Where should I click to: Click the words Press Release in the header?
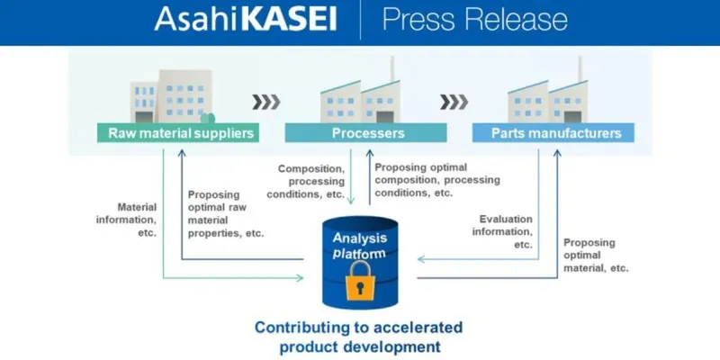click(x=475, y=20)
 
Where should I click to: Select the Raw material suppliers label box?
click(x=175, y=133)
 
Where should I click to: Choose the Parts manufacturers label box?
click(x=554, y=133)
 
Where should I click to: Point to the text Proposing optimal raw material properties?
click(x=225, y=213)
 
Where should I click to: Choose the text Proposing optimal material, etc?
click(x=594, y=255)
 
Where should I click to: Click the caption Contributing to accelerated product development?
click(x=359, y=336)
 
